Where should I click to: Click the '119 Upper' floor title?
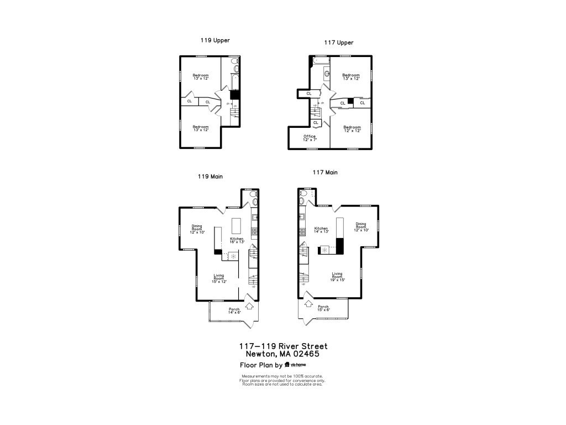[215, 40]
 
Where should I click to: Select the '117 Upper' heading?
[339, 43]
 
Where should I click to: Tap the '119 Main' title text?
[210, 177]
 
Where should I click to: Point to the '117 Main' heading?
[325, 173]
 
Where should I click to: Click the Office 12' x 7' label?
[310, 138]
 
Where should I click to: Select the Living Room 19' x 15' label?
[338, 277]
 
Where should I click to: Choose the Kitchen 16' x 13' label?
[237, 240]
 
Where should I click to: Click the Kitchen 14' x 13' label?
[321, 230]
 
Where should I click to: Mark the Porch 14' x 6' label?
[234, 311]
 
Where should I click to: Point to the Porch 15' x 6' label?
[323, 308]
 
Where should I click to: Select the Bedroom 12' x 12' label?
[352, 129]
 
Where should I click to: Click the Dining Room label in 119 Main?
[197, 229]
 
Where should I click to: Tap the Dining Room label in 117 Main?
[360, 226]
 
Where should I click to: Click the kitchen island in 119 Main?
[237, 226]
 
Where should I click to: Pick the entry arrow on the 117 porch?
[307, 304]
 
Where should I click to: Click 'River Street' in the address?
[303, 346]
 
